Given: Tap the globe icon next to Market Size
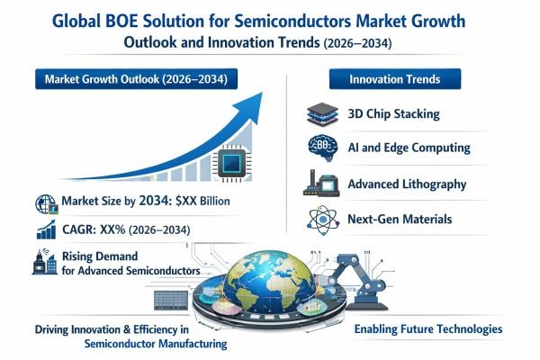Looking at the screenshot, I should pyautogui.click(x=42, y=202).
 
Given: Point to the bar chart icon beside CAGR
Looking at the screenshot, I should pyautogui.click(x=42, y=231).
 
